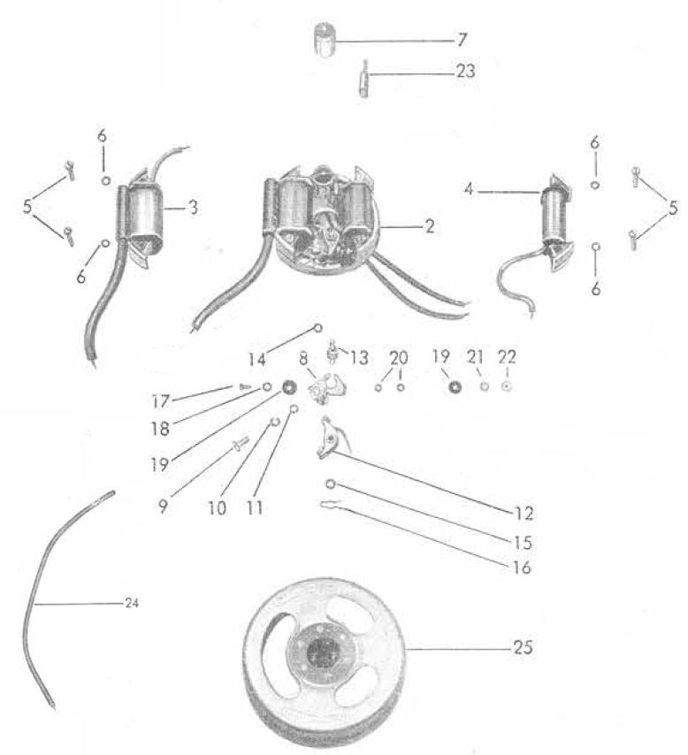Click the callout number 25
[523, 647]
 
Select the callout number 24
[132, 603]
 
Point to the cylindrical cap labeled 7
[324, 40]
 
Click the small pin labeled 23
[364, 78]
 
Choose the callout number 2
[429, 226]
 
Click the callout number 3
[193, 208]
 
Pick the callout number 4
[469, 189]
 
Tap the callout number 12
[524, 514]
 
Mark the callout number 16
[522, 568]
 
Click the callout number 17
[161, 401]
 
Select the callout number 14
[256, 359]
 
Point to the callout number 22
[507, 357]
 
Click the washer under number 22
[507, 386]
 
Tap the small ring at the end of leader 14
[318, 328]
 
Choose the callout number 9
[163, 506]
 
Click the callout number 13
[359, 358]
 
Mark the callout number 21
[475, 357]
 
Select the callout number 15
[523, 543]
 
